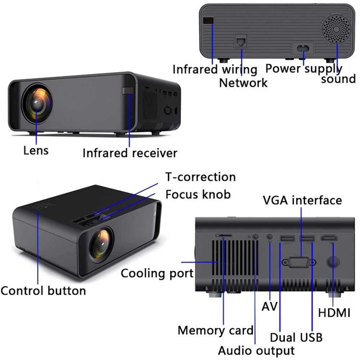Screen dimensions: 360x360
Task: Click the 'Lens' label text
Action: coord(36,150)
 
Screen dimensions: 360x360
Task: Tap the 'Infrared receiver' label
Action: coord(130,153)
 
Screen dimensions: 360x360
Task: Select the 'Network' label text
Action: coord(243,83)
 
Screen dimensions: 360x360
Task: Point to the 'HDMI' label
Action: coord(334,313)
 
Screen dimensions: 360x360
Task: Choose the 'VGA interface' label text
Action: coord(302,200)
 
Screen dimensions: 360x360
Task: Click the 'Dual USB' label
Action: coord(296,337)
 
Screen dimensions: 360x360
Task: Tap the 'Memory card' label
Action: coord(215,330)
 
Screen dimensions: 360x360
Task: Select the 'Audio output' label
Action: coord(256,350)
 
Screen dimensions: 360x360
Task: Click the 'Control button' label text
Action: coord(43,291)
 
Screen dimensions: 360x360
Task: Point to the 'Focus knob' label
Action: coord(198,194)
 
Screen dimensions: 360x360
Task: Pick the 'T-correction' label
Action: coord(200,177)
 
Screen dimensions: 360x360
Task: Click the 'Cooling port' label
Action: coord(157,273)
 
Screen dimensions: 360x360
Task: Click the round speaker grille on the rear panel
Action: coord(336,29)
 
